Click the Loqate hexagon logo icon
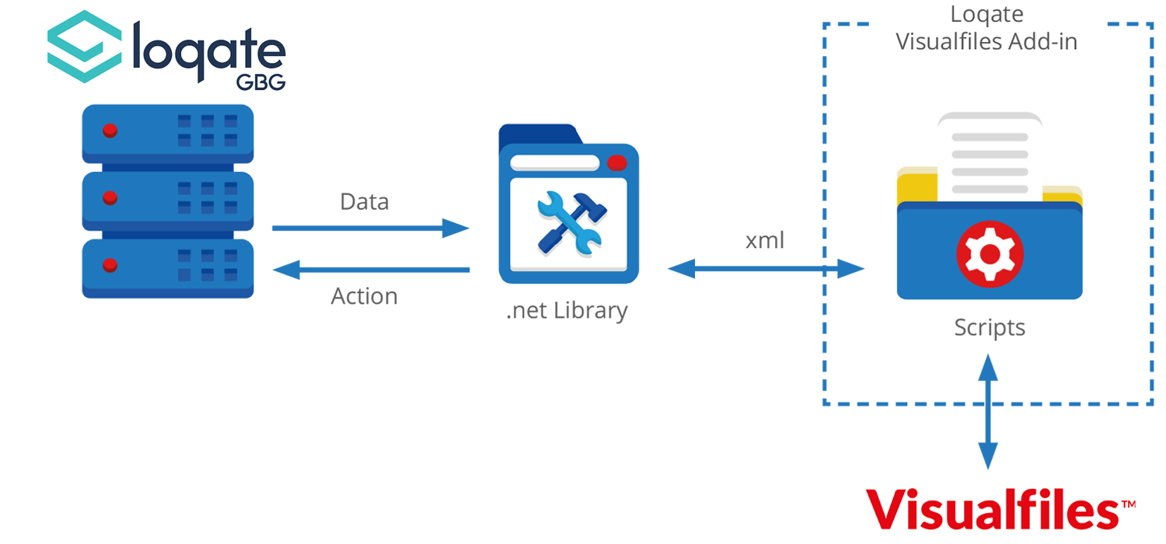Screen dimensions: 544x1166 85,46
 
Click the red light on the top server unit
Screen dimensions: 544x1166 110,130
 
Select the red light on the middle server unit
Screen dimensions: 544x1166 110,197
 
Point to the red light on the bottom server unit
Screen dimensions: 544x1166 110,265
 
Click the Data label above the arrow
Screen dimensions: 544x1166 364,202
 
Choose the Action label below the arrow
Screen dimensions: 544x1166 364,296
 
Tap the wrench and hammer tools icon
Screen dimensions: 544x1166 568,222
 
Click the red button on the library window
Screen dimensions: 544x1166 616,163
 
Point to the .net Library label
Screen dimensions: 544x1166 567,311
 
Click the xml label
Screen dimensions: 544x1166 765,241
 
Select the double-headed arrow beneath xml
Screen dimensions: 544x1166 766,270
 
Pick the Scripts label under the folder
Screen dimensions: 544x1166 990,327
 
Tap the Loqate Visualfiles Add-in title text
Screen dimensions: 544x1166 986,28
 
